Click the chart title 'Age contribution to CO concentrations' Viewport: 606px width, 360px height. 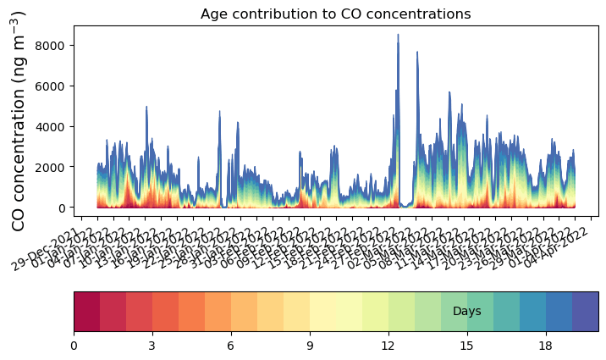pyautogui.click(x=335, y=14)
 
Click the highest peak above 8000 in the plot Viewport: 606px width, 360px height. pyautogui.click(x=398, y=36)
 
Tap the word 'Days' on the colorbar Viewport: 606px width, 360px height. pyautogui.click(x=467, y=312)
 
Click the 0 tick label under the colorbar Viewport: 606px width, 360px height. pyautogui.click(x=74, y=346)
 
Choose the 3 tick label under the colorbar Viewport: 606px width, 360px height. pyautogui.click(x=152, y=346)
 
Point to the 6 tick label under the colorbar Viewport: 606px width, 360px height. pyautogui.click(x=231, y=346)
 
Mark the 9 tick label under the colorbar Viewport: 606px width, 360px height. pyautogui.click(x=310, y=346)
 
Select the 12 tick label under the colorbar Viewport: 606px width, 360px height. pyautogui.click(x=388, y=346)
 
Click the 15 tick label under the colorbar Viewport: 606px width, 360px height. pyautogui.click(x=467, y=346)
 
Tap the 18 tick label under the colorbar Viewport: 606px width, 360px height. pyautogui.click(x=546, y=346)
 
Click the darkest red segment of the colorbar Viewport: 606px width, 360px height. pyautogui.click(x=86, y=311)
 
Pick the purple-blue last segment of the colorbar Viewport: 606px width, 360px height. pyautogui.click(x=586, y=311)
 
